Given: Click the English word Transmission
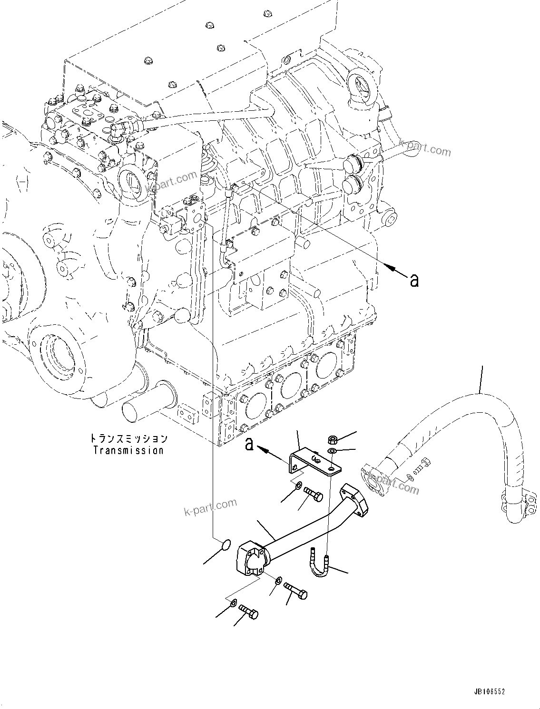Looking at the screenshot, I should (128, 450).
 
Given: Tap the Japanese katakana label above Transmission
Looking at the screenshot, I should (128, 438).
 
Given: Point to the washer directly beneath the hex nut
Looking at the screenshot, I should (332, 451).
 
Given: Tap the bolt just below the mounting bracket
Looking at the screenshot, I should (313, 495).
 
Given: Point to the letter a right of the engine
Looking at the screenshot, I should (414, 281).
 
